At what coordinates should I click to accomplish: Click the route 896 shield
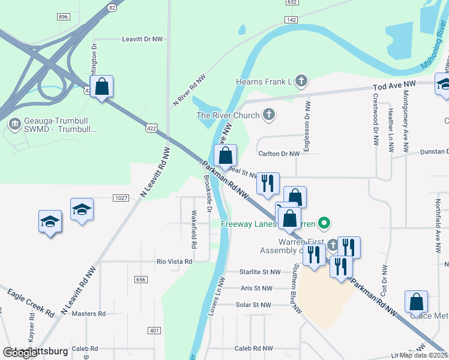(64, 17)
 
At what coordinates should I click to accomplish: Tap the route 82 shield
(112, 8)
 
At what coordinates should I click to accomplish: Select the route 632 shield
(292, 2)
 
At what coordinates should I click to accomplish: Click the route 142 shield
(291, 20)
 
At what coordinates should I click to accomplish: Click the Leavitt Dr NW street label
(142, 39)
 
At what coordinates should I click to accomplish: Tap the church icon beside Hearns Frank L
(301, 80)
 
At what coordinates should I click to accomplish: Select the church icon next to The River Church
(270, 115)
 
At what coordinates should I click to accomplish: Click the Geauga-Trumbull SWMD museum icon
(14, 124)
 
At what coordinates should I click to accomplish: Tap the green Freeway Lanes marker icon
(324, 224)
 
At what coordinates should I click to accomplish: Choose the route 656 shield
(141, 280)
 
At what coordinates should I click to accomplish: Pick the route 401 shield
(154, 331)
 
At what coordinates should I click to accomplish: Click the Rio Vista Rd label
(174, 262)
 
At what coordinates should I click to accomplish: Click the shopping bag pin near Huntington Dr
(102, 86)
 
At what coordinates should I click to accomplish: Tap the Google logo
(20, 352)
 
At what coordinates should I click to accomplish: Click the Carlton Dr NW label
(279, 154)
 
